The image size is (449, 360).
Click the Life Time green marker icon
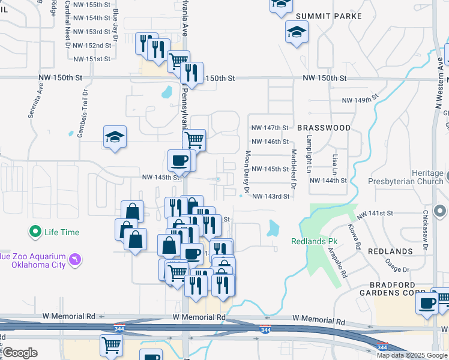click(35, 231)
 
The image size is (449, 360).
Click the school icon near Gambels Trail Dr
click(114, 136)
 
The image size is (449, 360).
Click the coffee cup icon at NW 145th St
click(181, 160)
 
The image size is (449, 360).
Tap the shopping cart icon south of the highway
click(111, 345)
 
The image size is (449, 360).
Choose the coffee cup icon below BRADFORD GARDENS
click(427, 303)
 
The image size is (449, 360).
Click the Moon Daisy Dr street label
click(247, 171)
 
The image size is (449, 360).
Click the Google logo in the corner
click(20, 353)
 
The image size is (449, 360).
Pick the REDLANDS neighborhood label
click(390, 251)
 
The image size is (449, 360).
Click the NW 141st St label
click(375, 214)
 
